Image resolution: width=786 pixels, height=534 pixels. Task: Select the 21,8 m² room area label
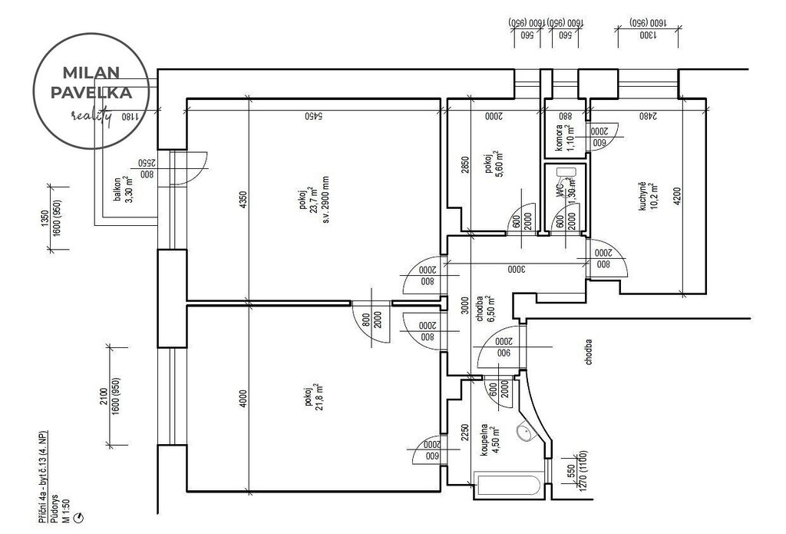[312, 396]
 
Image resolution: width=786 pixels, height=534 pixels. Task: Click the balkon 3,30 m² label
[124, 190]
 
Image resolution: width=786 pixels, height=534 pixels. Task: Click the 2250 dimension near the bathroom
[465, 435]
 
